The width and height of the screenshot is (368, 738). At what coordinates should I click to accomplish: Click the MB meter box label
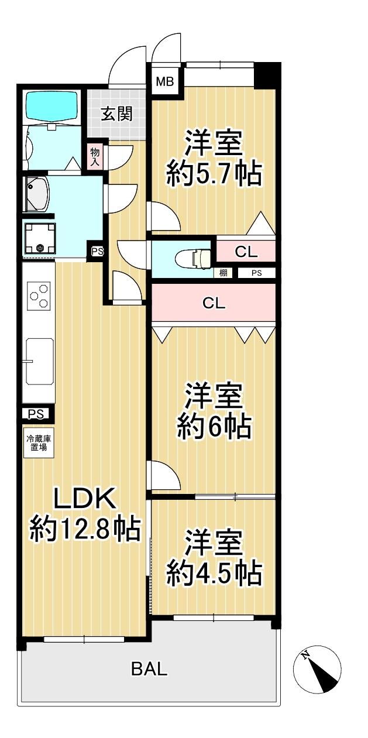tap(165, 81)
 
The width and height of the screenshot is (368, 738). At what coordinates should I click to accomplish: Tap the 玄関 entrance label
tap(117, 114)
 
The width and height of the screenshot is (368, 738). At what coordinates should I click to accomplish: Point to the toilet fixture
tap(194, 258)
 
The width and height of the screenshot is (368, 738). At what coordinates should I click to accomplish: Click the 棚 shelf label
tap(223, 273)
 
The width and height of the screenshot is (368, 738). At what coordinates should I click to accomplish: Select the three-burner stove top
tap(39, 296)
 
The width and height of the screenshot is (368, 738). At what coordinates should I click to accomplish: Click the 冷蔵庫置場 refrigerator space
tap(39, 442)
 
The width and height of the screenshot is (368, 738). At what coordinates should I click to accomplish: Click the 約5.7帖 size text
tap(214, 174)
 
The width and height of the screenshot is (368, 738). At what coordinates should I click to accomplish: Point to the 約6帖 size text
tap(214, 427)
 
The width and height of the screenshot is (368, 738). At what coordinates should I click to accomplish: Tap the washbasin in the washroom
tap(37, 194)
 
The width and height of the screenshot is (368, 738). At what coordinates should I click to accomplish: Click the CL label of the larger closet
tap(214, 303)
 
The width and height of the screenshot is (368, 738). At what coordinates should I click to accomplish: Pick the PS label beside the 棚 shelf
tap(257, 273)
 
